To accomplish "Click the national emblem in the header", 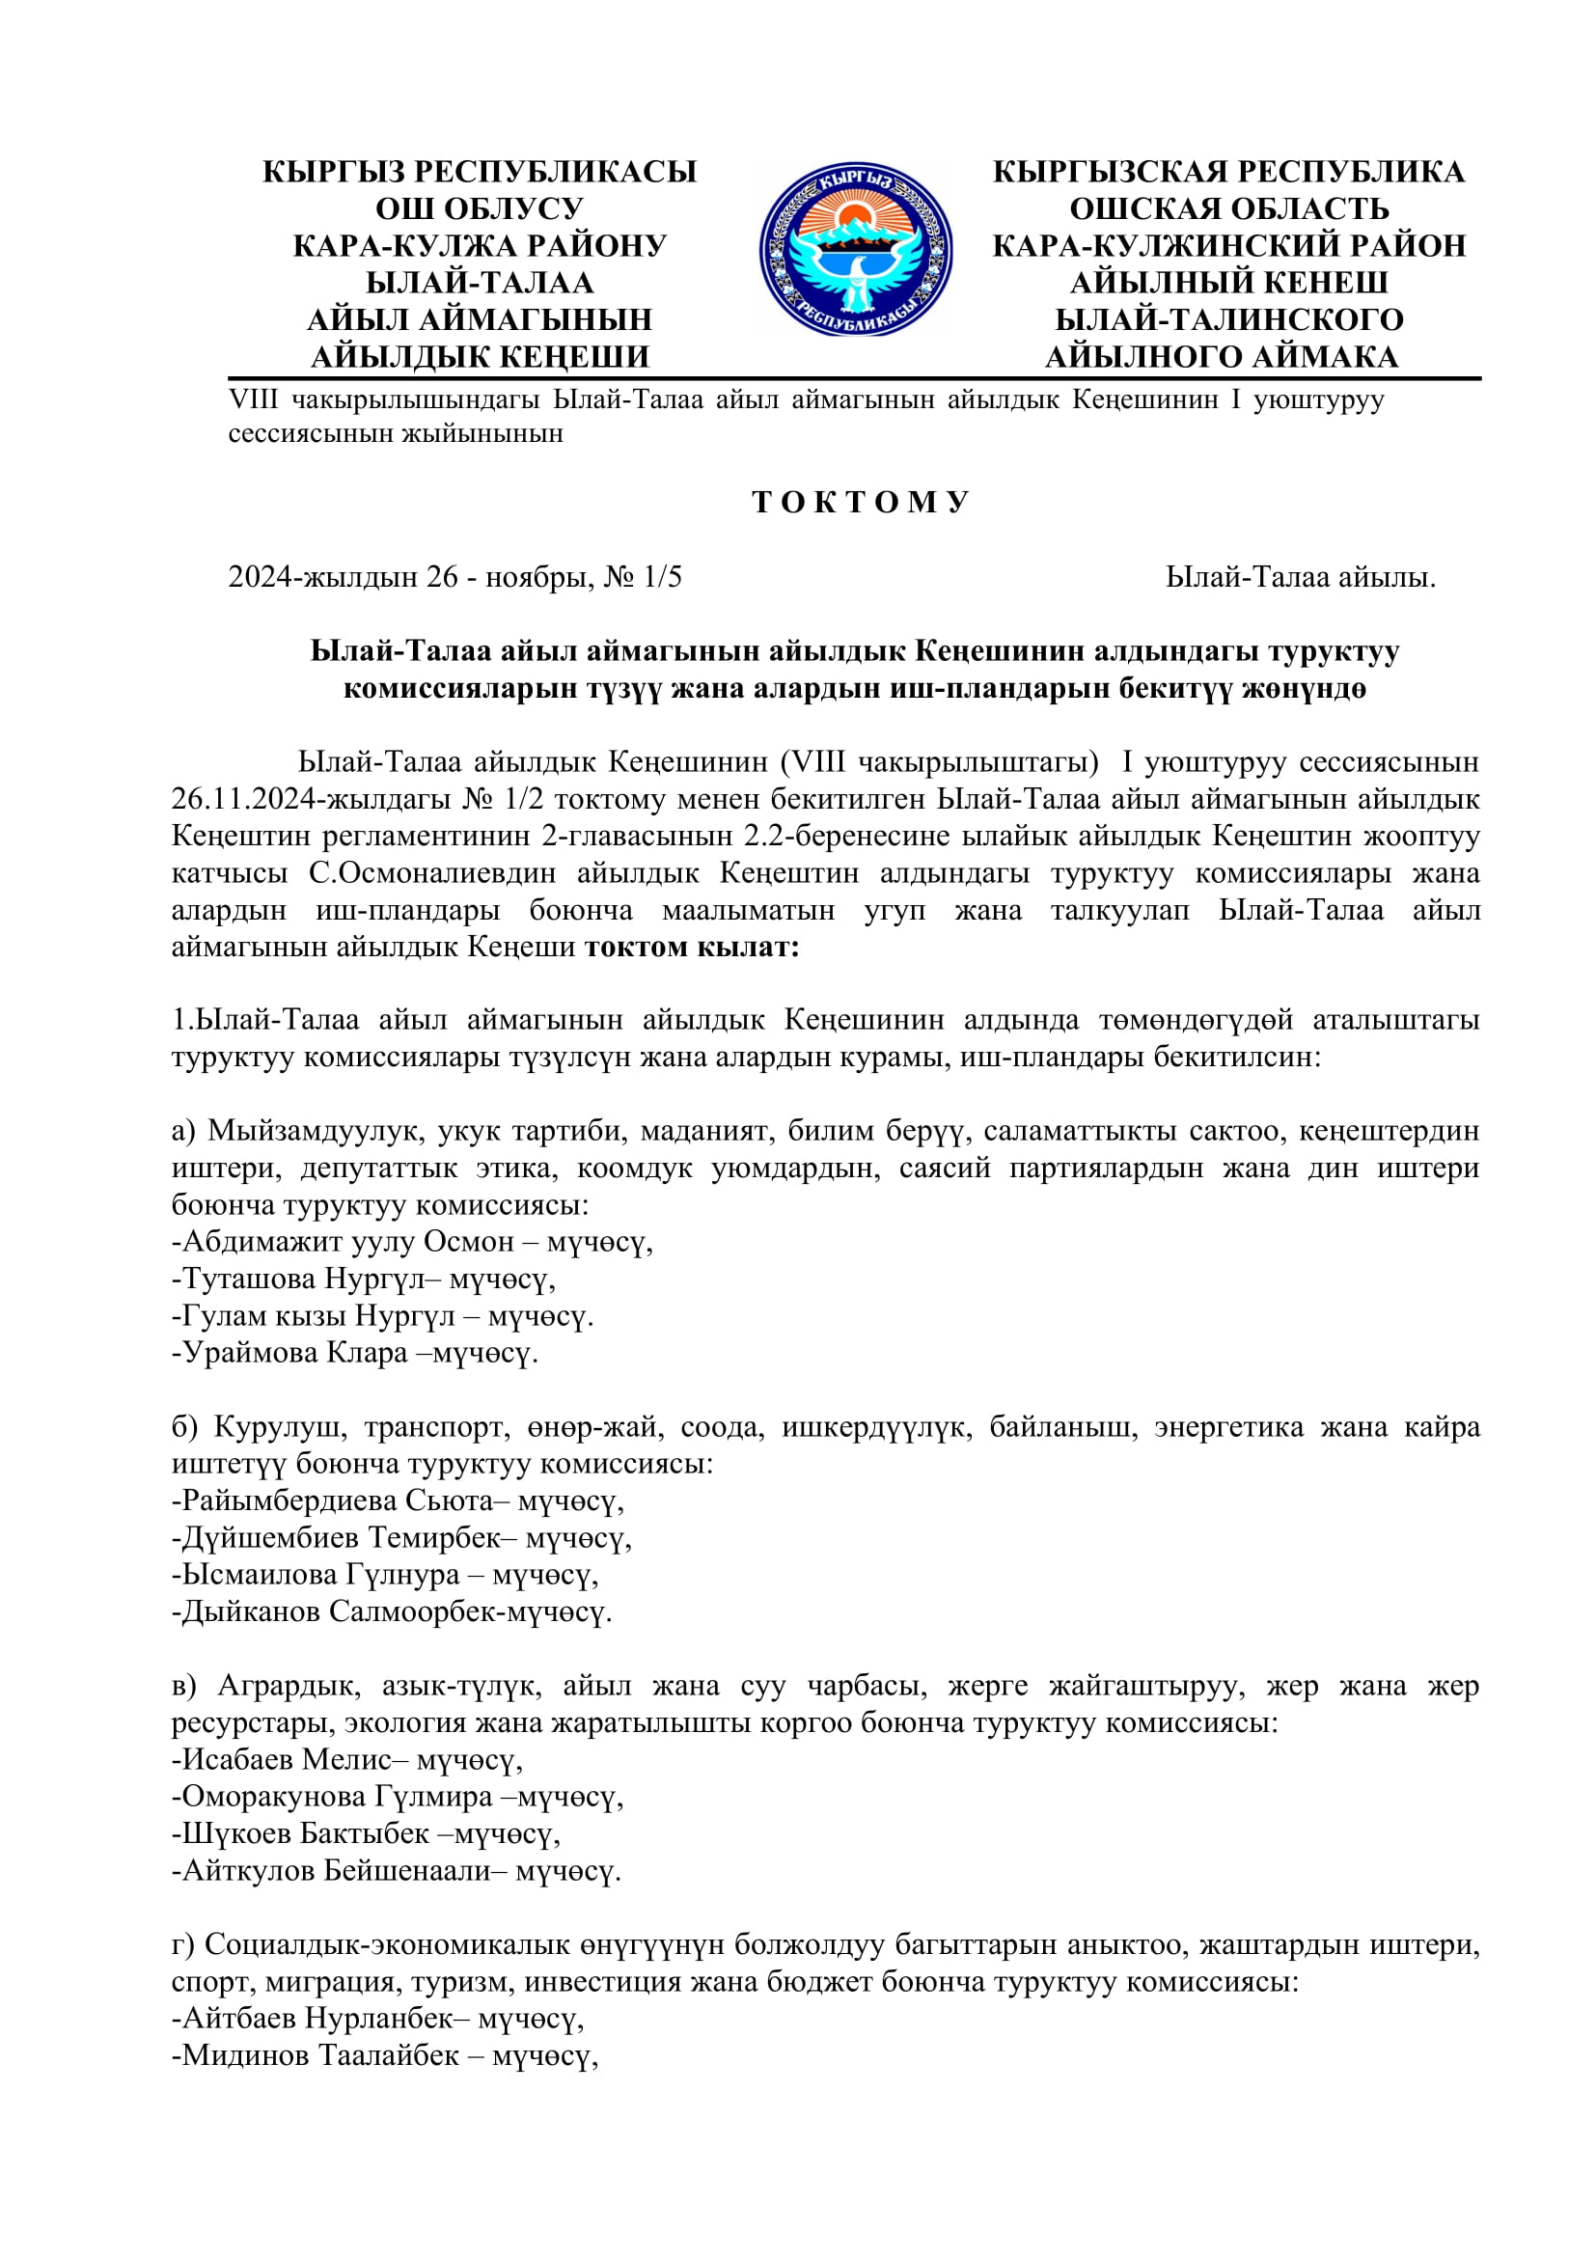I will [855, 250].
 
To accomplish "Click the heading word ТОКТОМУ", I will [861, 503].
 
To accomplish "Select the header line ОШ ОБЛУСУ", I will [480, 208].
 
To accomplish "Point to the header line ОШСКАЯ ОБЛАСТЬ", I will [1228, 208].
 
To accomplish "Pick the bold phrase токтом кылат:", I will [692, 947].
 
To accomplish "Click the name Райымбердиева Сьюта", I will [338, 1501].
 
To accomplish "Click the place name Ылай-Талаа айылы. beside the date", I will [1300, 577].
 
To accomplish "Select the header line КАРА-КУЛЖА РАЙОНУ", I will [480, 246].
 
